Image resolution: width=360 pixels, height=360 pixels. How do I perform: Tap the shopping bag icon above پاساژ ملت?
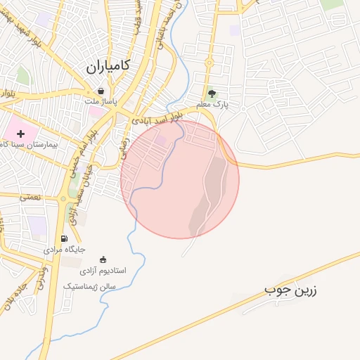click(x=101, y=91)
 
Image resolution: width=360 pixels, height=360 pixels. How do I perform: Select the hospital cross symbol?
click(x=20, y=133)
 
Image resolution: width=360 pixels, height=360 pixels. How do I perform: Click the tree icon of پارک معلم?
click(x=212, y=93)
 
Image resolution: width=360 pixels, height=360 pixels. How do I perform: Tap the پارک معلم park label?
click(x=212, y=105)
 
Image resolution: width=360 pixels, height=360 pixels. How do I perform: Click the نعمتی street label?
click(x=31, y=198)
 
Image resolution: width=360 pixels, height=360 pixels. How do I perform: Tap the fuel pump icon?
click(x=65, y=238)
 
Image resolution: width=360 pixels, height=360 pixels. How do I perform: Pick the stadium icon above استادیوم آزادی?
click(x=104, y=259)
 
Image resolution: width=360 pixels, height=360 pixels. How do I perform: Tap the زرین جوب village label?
click(x=290, y=290)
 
